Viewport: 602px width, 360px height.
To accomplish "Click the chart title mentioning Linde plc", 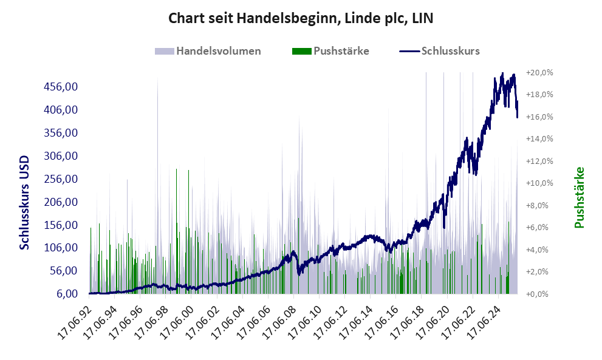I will (301, 19).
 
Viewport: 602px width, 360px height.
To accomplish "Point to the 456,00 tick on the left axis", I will (61, 87).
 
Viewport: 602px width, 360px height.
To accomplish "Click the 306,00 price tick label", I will (61, 156).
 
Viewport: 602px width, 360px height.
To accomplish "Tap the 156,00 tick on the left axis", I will (61, 225).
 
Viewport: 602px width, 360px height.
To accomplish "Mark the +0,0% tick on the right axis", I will (541, 294).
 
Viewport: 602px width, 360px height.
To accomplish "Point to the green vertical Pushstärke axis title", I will (579, 197).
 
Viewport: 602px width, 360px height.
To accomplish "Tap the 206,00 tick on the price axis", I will (61, 202).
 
